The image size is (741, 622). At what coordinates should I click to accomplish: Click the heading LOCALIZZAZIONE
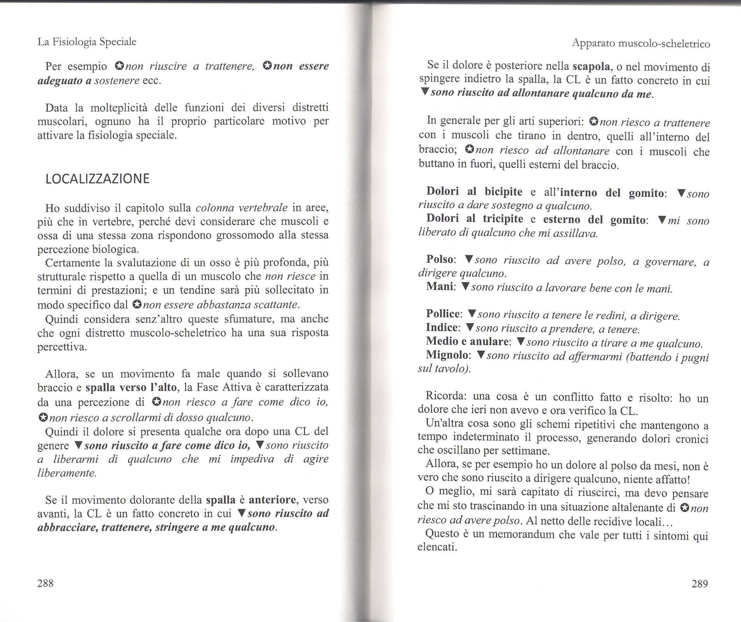click(x=97, y=179)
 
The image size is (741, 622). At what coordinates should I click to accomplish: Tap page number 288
click(x=45, y=583)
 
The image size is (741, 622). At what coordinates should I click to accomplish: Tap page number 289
click(x=699, y=584)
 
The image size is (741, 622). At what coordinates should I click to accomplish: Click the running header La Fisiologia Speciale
click(x=87, y=42)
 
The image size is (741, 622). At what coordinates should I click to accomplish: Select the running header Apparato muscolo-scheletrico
click(x=641, y=44)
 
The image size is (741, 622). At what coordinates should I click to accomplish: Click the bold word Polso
click(x=439, y=259)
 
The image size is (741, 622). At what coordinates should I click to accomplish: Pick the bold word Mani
click(x=439, y=287)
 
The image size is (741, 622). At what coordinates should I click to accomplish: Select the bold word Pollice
click(x=443, y=314)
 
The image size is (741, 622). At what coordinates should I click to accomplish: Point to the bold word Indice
click(x=441, y=327)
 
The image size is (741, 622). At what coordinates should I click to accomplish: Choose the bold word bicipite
click(x=503, y=192)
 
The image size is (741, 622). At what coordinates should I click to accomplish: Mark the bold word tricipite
click(x=503, y=219)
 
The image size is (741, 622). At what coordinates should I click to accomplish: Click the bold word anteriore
click(x=272, y=500)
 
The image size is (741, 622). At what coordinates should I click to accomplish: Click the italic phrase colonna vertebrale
click(x=241, y=208)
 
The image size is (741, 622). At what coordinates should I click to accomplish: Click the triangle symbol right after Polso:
click(x=469, y=259)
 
